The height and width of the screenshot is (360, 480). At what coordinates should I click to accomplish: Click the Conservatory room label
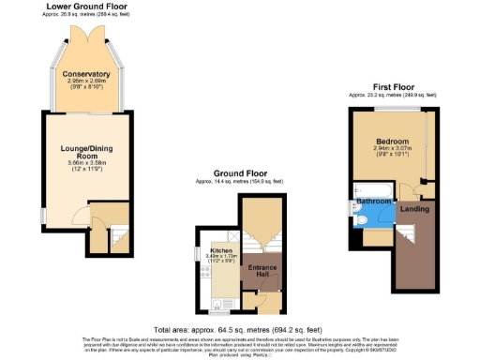(87, 74)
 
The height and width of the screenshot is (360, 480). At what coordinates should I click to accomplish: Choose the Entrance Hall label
(257, 271)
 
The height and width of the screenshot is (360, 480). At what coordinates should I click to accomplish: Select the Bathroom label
(372, 201)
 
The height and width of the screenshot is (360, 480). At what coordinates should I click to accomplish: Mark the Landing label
(414, 208)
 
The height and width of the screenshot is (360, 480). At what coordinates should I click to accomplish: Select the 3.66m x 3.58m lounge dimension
(87, 163)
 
